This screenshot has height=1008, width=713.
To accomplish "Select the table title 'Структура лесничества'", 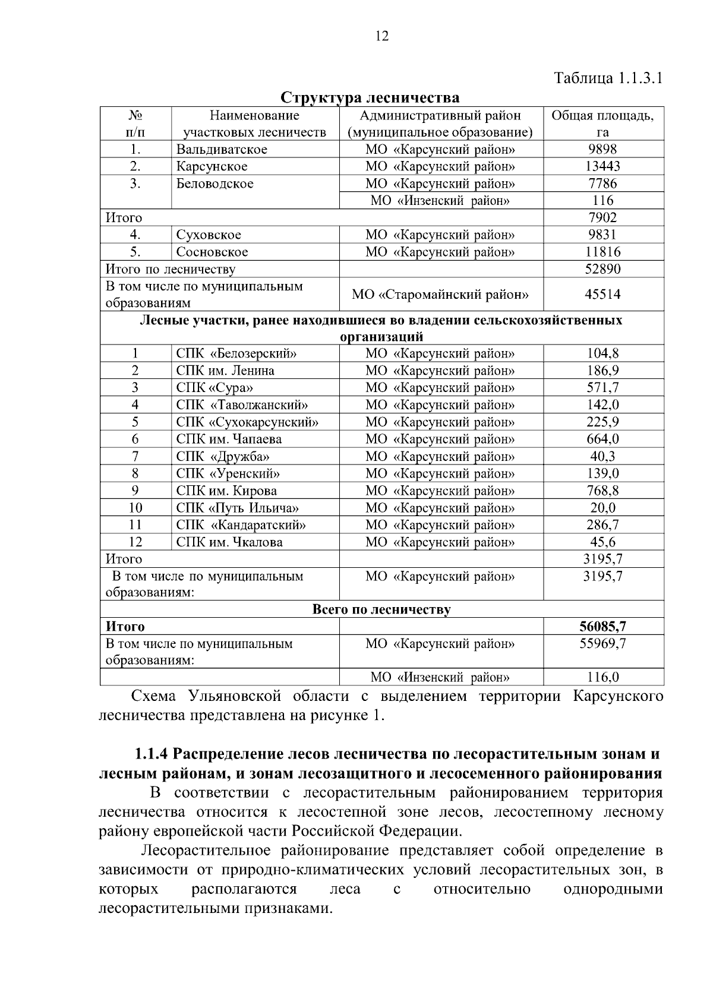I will point(370,97).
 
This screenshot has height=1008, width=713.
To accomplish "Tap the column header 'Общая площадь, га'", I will point(602,124).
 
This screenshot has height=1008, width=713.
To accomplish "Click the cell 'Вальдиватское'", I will point(222,150).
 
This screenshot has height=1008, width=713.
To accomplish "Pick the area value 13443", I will point(602,167).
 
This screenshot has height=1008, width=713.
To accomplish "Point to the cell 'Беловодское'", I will point(214,184).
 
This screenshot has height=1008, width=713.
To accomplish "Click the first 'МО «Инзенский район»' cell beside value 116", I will point(440,201).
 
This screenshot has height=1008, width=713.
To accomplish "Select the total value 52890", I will point(602,270).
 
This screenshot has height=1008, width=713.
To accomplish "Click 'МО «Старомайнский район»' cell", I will point(440,295).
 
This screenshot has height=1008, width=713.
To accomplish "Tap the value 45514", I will point(602,295).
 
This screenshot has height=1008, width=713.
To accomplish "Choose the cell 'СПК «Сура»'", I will point(214,388).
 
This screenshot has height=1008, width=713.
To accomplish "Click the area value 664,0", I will point(602,440).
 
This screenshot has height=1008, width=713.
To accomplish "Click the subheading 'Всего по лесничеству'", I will point(381,610).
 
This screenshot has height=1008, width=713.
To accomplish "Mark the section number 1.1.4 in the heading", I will point(152,755).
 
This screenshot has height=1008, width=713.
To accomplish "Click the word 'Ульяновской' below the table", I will point(235,696).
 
